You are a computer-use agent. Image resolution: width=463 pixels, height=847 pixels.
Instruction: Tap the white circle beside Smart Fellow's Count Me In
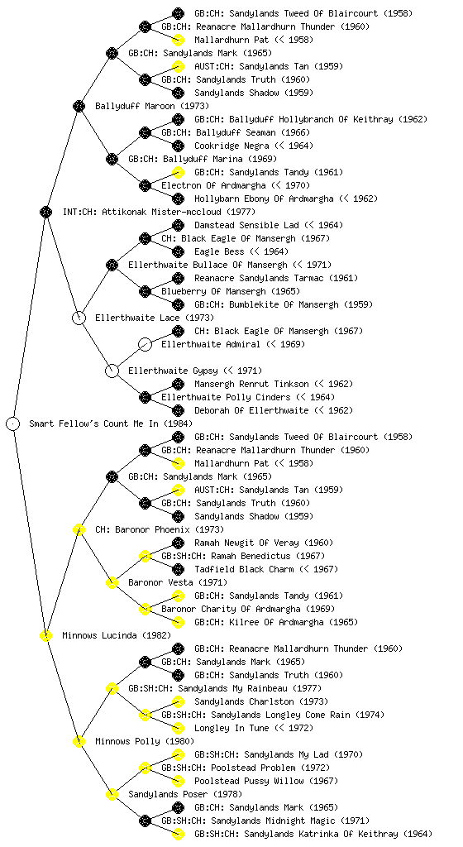[13, 423]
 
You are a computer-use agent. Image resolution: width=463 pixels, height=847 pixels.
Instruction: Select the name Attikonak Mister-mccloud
[160, 212]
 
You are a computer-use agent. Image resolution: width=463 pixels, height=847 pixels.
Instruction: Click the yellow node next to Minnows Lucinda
[45, 635]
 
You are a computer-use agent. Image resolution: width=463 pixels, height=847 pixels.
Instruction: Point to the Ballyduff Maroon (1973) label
[151, 106]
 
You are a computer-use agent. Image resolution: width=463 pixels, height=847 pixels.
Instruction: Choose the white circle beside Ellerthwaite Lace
[79, 318]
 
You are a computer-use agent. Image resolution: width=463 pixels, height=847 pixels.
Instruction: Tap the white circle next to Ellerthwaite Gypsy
[112, 371]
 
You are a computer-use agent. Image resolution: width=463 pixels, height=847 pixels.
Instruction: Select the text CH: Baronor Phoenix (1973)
[160, 529]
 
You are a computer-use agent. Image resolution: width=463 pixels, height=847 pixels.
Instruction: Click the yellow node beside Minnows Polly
[79, 741]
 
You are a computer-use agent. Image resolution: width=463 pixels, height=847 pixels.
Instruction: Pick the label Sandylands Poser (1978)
[185, 794]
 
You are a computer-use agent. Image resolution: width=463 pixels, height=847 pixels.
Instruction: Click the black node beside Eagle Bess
[178, 251]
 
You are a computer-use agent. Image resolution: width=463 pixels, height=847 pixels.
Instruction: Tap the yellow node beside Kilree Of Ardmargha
[178, 622]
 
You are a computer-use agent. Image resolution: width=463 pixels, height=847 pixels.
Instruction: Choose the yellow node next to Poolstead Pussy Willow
[178, 781]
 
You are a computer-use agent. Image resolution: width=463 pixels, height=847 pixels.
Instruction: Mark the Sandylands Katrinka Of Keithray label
[313, 834]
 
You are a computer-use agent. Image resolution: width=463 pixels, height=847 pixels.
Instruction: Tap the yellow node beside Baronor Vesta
[112, 582]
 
